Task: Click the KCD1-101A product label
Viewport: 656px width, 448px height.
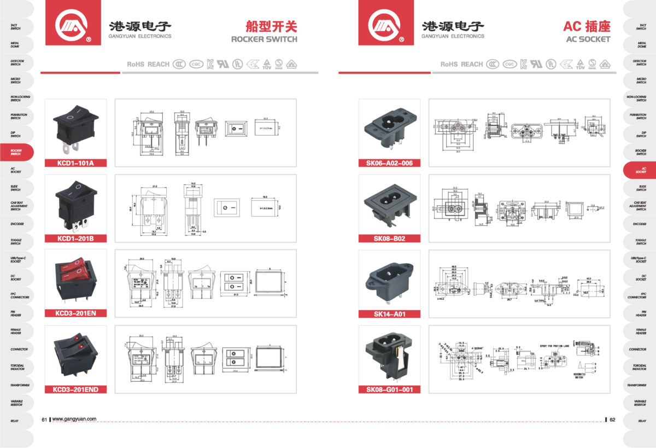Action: (x=75, y=163)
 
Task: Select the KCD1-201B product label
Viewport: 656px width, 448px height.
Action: (x=75, y=238)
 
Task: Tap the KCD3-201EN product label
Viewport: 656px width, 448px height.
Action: (x=75, y=314)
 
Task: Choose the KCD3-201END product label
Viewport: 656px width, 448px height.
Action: (x=75, y=389)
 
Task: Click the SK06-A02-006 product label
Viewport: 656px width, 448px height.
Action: (x=389, y=163)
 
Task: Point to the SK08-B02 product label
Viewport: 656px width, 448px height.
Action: (x=389, y=238)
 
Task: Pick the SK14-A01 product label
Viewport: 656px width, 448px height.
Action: (x=389, y=314)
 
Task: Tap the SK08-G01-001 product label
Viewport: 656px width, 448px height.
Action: (x=389, y=389)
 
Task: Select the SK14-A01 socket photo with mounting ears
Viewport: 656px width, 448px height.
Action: (x=389, y=280)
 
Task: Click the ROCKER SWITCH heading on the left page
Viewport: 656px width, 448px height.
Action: (x=264, y=39)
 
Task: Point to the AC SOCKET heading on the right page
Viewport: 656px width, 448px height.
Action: (x=588, y=39)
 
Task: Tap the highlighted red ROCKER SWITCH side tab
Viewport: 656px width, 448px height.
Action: (x=16, y=152)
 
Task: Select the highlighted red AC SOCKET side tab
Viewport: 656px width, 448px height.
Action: (x=641, y=170)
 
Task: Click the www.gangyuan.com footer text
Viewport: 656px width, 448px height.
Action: (x=74, y=420)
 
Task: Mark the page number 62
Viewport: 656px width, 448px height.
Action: (x=612, y=420)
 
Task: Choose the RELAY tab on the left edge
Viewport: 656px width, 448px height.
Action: (x=15, y=421)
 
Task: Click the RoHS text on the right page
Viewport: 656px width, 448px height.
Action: (x=449, y=65)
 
